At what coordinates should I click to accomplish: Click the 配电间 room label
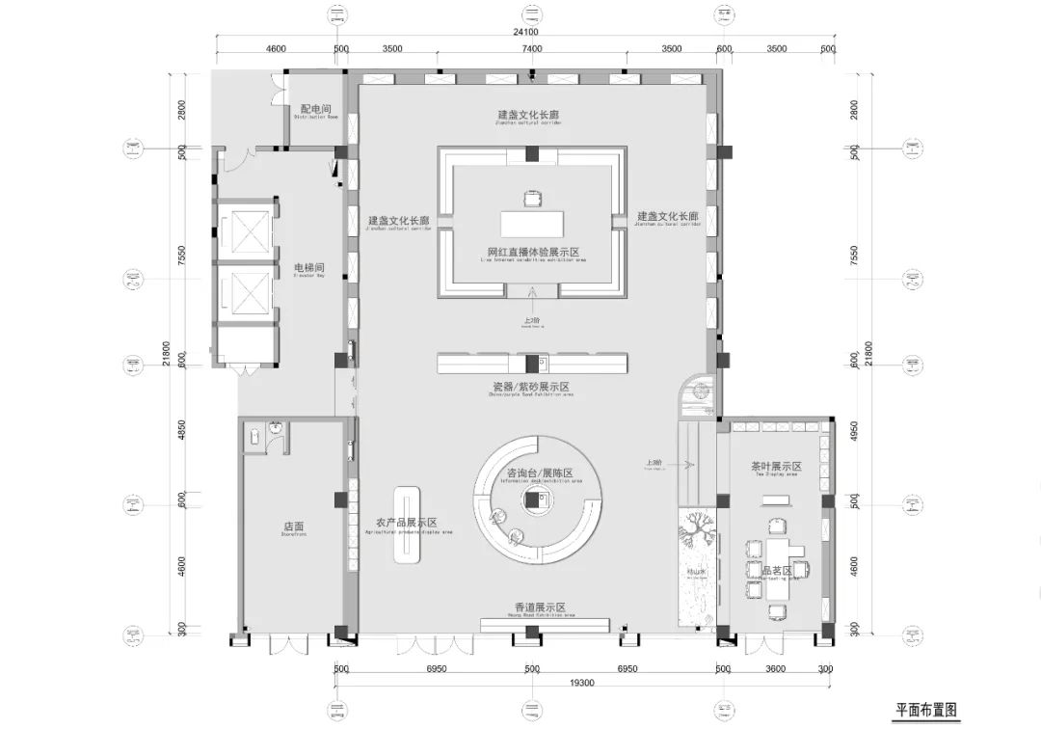point(315,110)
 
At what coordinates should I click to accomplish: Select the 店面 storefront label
point(294,527)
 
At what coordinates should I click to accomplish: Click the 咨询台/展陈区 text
point(540,473)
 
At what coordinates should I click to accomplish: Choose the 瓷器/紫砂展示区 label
point(532,386)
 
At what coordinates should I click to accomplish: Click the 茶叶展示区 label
point(776,467)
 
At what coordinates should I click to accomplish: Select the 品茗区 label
point(775,571)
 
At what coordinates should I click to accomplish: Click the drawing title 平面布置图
point(926,710)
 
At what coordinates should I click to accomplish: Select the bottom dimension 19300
point(529,682)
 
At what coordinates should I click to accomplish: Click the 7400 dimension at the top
point(532,48)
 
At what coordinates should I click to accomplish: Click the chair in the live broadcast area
point(533,200)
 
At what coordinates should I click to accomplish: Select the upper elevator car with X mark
point(236,231)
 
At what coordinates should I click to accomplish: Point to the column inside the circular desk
point(532,498)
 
